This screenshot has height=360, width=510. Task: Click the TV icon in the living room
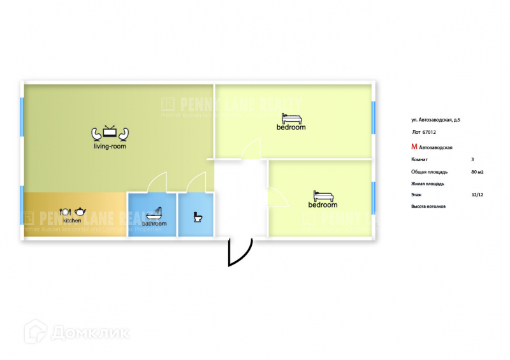(110, 133)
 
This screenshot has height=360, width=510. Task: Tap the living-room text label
(110, 147)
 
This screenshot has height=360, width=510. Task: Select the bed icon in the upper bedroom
(291, 118)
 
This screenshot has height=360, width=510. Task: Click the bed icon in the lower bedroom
(323, 196)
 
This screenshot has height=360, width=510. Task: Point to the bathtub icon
(154, 213)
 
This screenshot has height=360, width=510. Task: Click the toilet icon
(198, 217)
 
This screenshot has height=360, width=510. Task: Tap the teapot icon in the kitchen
(80, 212)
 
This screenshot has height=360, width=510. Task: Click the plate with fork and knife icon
(64, 212)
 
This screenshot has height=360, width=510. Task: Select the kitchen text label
(72, 220)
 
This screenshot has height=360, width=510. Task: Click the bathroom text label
(154, 224)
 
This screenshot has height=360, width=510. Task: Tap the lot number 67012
(429, 133)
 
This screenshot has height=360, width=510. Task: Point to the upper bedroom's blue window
(374, 117)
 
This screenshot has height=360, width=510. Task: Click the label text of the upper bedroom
(291, 127)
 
